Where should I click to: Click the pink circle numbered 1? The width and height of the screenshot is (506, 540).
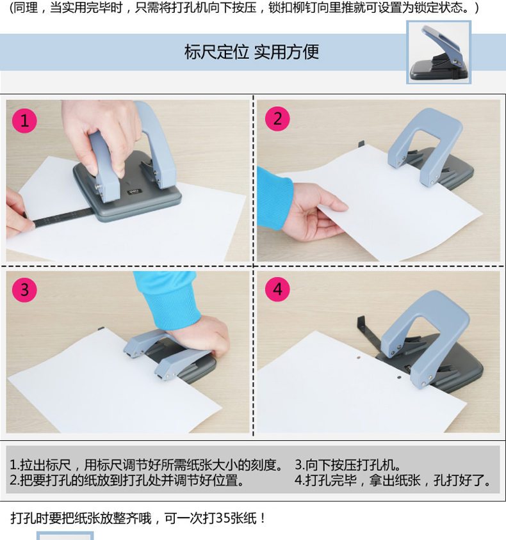point(24,120)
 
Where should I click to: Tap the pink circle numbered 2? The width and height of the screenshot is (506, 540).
point(277,119)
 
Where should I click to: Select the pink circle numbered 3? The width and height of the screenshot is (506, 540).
point(24,290)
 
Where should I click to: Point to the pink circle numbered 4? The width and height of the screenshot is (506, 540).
point(277,289)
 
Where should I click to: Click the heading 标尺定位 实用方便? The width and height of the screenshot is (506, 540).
point(251,52)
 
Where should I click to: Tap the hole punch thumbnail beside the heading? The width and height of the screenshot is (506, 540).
point(439,52)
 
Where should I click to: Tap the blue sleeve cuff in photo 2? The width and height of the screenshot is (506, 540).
point(274,198)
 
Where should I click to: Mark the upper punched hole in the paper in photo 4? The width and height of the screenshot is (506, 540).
point(359,358)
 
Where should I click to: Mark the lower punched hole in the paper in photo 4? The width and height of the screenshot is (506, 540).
point(399,377)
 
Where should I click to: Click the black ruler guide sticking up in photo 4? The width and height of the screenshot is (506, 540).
point(368,334)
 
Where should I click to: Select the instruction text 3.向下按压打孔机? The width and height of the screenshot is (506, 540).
point(348,465)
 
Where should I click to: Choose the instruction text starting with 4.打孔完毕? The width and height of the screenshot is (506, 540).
point(393,480)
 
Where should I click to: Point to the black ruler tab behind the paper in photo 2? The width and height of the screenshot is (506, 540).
point(361,145)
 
